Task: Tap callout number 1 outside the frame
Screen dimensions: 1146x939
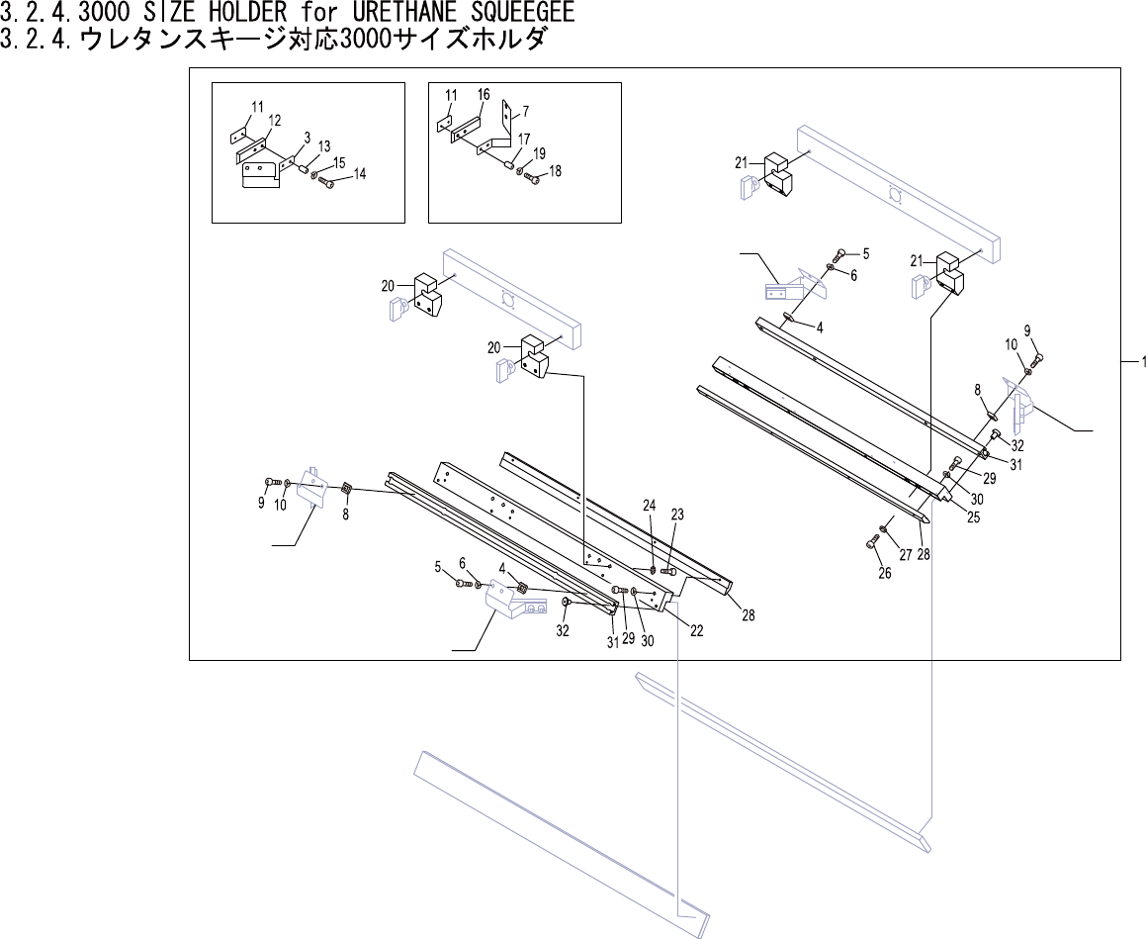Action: click(1143, 362)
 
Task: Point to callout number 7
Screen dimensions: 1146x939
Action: click(526, 110)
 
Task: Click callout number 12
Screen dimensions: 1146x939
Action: click(275, 121)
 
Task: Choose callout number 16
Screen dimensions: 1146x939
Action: click(484, 95)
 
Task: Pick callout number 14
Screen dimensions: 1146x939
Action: click(360, 174)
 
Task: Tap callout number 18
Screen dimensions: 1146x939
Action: click(555, 171)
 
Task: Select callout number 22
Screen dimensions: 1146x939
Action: click(696, 631)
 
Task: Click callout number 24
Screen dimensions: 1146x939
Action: click(650, 506)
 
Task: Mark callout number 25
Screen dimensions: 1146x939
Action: click(973, 517)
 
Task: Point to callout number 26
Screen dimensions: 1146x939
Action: click(884, 573)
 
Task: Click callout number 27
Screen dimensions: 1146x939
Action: click(905, 555)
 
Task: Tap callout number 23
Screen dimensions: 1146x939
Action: click(677, 516)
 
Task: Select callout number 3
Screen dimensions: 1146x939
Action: click(308, 137)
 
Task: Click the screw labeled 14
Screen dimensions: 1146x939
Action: click(327, 182)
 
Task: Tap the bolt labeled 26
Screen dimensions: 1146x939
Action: click(872, 541)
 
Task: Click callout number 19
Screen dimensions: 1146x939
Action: click(539, 153)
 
